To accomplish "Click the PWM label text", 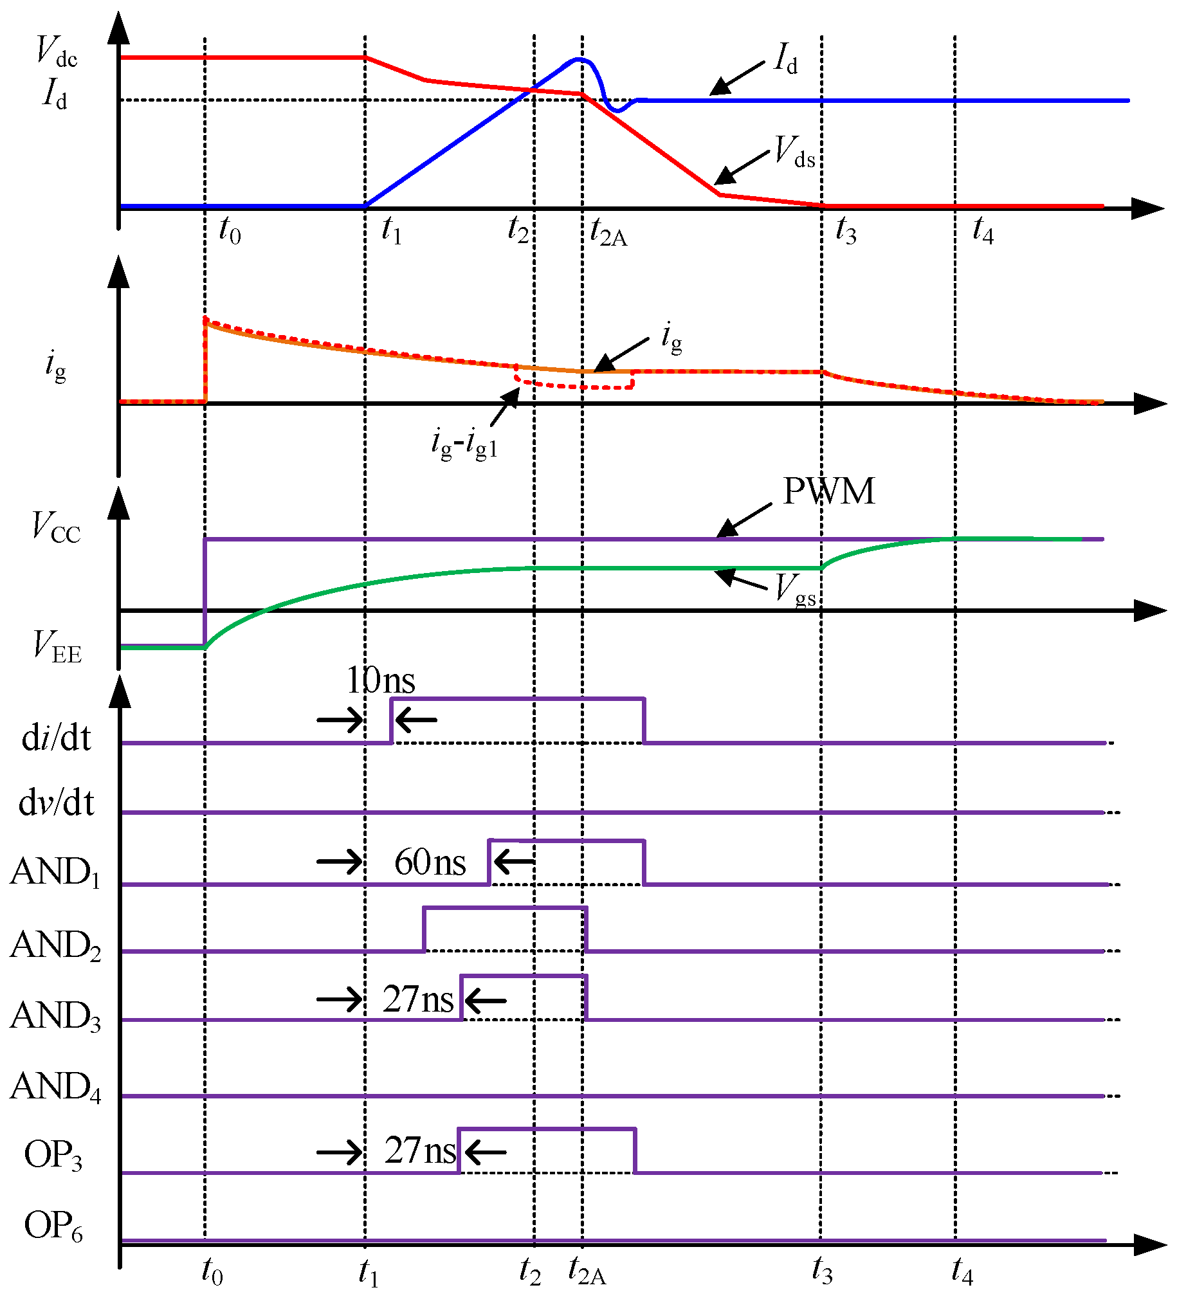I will point(828,492).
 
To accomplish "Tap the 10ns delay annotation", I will point(380,680).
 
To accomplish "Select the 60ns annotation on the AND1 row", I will point(430,862).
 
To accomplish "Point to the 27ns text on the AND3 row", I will point(417,999).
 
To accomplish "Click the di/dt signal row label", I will point(56,738).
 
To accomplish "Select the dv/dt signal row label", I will point(56,803).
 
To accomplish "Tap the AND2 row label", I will point(55,945).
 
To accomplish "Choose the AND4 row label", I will point(55,1087).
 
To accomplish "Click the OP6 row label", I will point(53,1226).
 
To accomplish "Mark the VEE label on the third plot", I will point(57,646).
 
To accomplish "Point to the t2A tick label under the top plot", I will point(608,232).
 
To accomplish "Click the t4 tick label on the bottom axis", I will point(962,1271).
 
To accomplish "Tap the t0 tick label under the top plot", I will point(230,230).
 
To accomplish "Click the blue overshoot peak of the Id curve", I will point(579,59).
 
